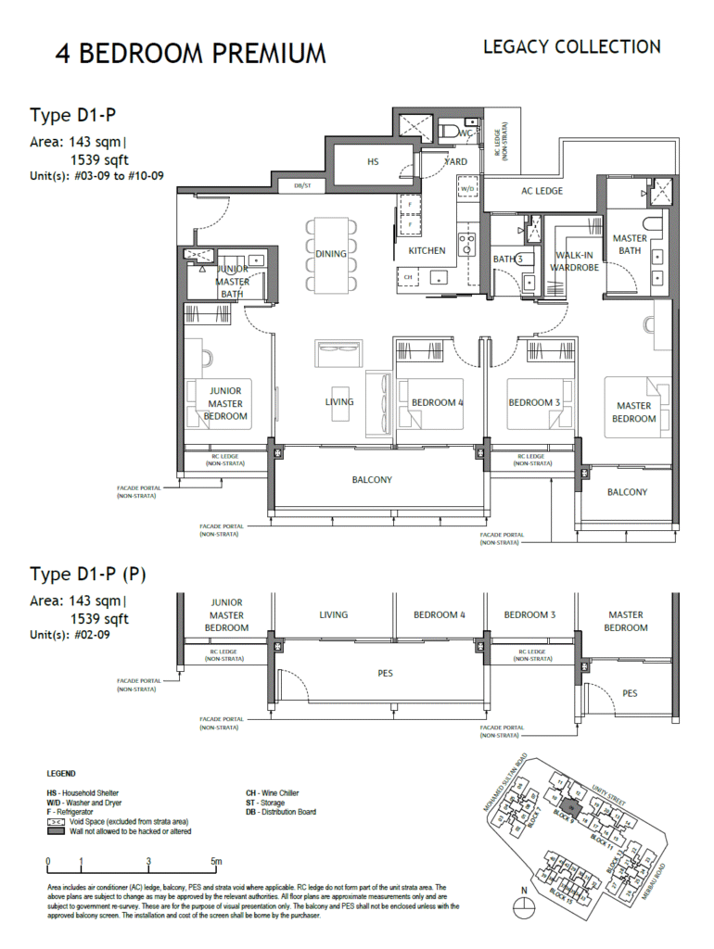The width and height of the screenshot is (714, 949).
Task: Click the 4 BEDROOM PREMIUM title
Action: click(x=190, y=53)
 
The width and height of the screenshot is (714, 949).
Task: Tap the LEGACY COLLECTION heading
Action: click(x=571, y=46)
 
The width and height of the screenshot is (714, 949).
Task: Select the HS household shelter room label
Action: click(x=373, y=161)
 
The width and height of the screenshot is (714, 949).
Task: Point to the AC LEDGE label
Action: click(x=542, y=191)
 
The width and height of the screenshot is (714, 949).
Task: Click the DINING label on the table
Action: click(x=331, y=254)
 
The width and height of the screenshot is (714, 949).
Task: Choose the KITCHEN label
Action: click(x=427, y=251)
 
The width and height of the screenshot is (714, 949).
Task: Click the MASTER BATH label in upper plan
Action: click(x=630, y=245)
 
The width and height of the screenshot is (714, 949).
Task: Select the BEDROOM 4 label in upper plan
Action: click(x=438, y=402)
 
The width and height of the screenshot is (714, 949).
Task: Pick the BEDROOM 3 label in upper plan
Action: click(x=534, y=402)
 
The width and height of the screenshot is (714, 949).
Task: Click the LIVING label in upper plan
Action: click(x=338, y=402)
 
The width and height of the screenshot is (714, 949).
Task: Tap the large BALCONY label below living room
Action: click(x=372, y=480)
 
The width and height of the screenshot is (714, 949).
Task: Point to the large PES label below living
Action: click(x=385, y=674)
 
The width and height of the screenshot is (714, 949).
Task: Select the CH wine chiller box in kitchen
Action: click(x=407, y=276)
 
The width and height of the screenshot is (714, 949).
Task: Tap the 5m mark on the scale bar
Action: click(x=215, y=861)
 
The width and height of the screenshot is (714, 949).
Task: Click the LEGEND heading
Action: click(x=61, y=773)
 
